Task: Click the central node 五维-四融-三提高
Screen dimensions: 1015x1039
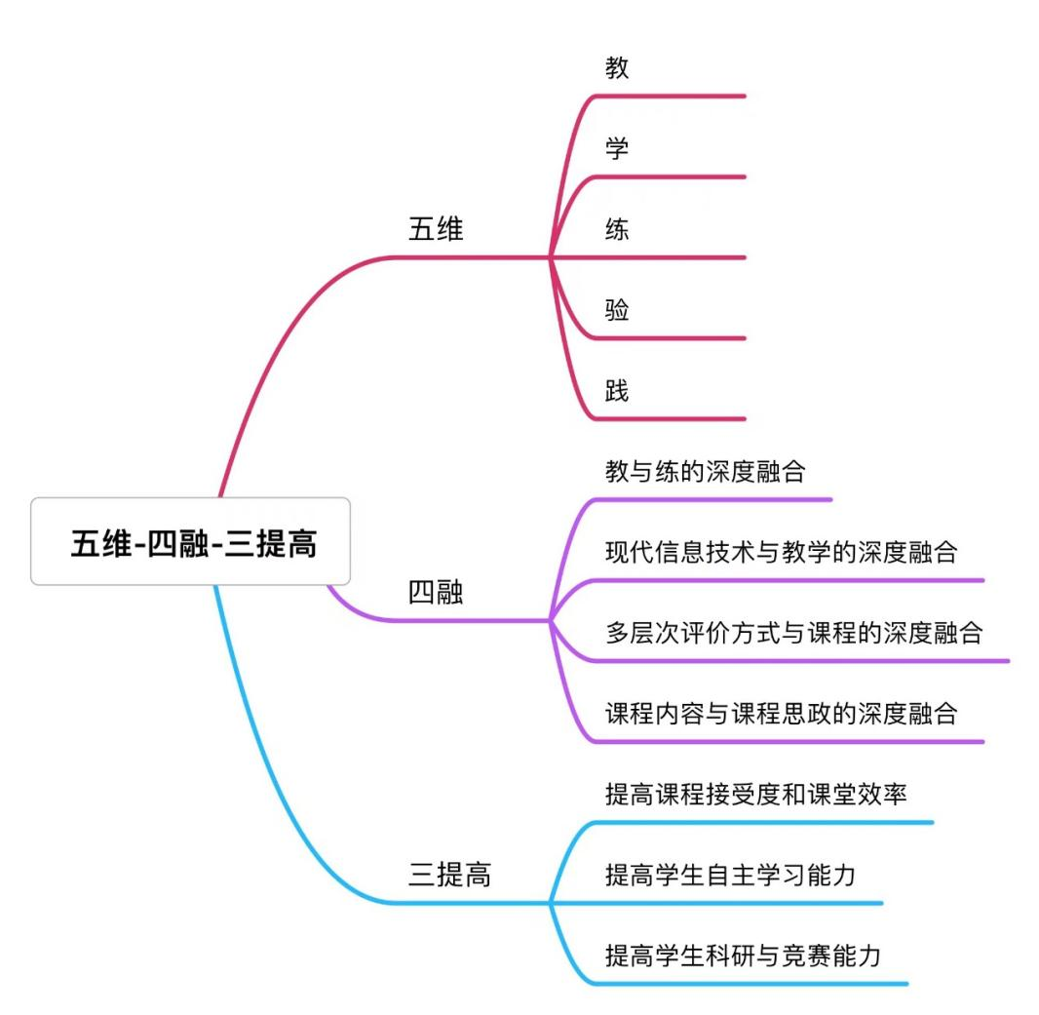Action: pos(191,541)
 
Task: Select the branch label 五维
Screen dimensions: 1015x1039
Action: pos(436,229)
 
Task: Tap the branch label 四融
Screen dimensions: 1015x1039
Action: pos(436,593)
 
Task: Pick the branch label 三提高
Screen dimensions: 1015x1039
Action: pos(449,875)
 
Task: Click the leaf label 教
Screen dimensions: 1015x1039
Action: pos(617,68)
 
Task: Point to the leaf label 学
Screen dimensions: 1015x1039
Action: pos(617,149)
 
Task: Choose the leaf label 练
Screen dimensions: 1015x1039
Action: pos(617,229)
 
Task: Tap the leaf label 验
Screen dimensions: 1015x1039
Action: pos(617,310)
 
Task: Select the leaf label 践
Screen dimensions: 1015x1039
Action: pos(617,391)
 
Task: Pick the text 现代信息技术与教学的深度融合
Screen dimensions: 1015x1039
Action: pos(782,553)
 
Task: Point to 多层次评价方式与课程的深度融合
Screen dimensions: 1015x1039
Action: pos(793,633)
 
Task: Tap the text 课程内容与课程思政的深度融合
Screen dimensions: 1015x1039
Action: pos(782,713)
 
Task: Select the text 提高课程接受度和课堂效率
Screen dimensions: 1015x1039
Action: pos(756,794)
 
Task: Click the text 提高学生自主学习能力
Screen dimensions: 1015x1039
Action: pos(731,875)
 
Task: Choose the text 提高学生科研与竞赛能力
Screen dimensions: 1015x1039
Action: pos(744,955)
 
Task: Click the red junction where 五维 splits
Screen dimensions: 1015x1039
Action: pos(551,257)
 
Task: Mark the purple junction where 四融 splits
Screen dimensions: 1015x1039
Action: pos(551,621)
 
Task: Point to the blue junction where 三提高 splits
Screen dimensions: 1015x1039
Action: pos(551,903)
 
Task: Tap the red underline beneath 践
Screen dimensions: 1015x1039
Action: pos(673,419)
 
